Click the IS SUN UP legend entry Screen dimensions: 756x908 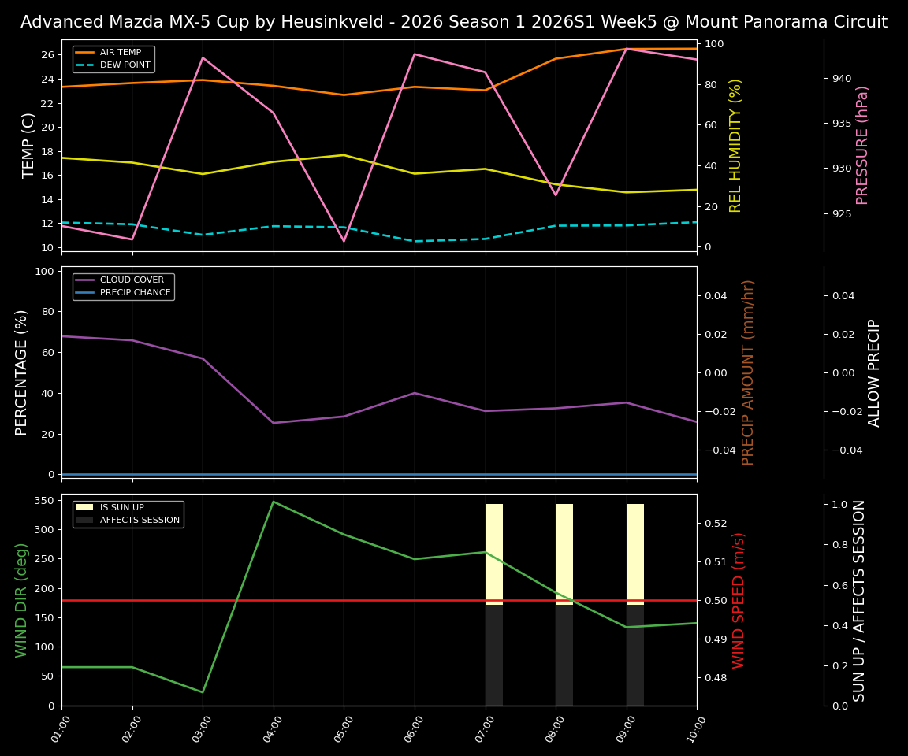pyautogui.click(x=121, y=507)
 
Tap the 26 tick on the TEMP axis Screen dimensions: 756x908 pyautogui.click(x=47, y=55)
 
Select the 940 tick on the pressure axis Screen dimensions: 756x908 pyautogui.click(x=844, y=79)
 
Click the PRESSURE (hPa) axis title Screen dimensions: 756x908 pyautogui.click(x=862, y=145)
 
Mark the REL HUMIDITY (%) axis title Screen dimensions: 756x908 pyautogui.click(x=735, y=145)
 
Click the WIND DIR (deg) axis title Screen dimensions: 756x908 pyautogui.click(x=21, y=599)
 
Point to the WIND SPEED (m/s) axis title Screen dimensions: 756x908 pyautogui.click(x=739, y=599)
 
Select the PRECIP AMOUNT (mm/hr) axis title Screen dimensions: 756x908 pyautogui.click(x=748, y=372)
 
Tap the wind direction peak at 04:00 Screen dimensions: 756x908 pyautogui.click(x=274, y=502)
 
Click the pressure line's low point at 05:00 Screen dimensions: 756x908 pyautogui.click(x=344, y=241)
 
